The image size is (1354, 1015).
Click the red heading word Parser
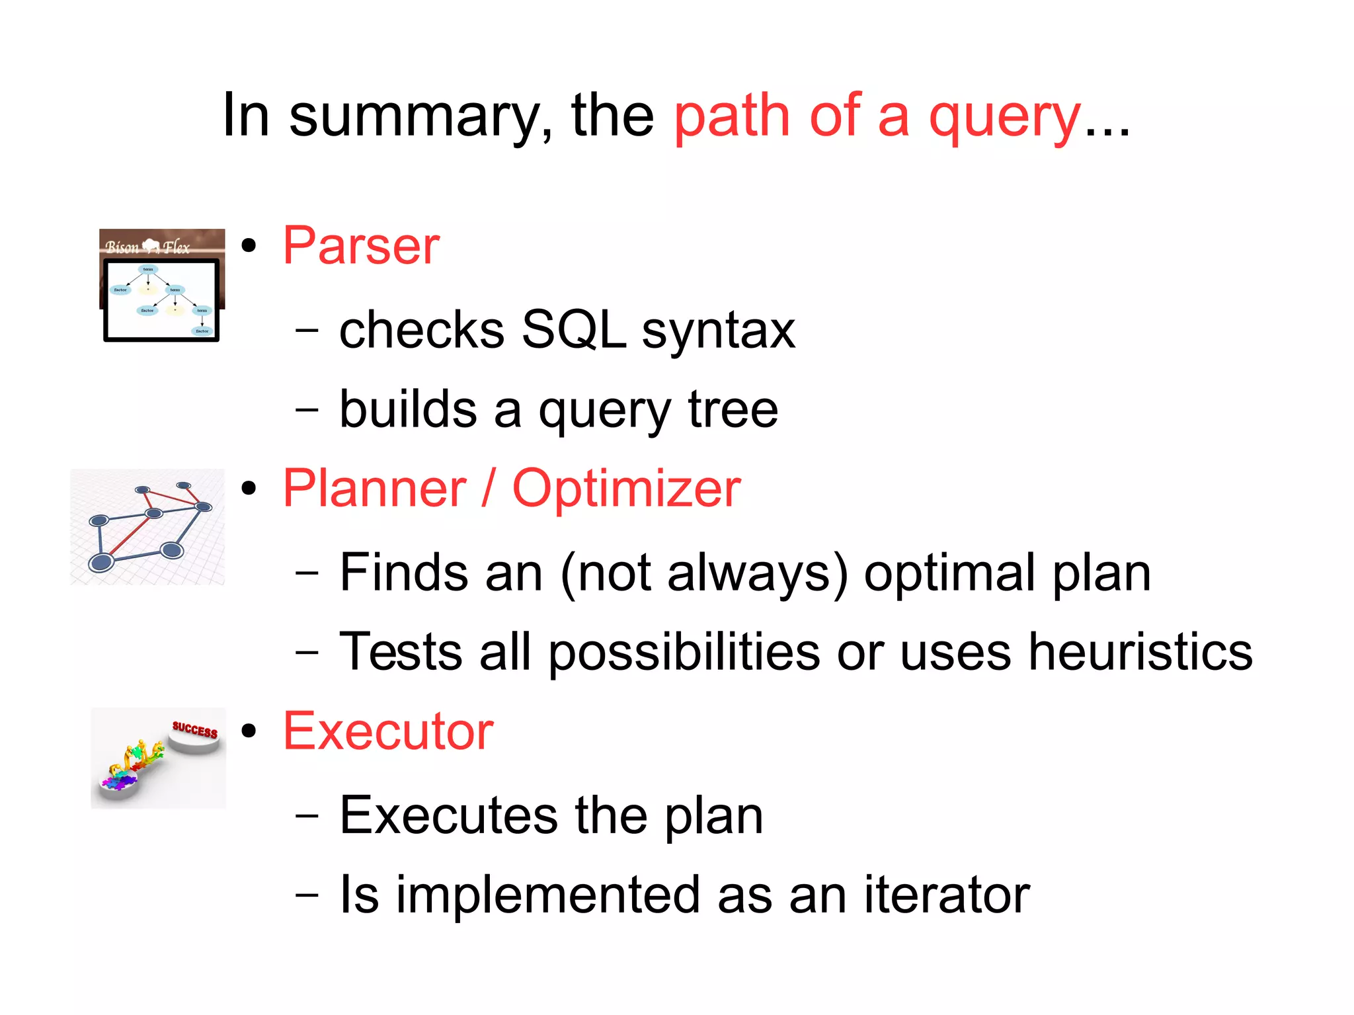point(361,246)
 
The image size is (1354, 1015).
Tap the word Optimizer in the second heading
point(626,489)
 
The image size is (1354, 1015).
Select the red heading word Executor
point(388,731)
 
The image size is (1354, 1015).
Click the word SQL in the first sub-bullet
point(573,330)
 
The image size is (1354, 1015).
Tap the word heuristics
point(1140,652)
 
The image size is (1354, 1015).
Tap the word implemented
point(547,895)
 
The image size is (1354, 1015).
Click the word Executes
point(448,815)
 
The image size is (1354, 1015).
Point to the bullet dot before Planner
point(249,489)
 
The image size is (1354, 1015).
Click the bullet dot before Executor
point(249,731)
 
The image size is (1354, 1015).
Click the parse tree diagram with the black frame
point(161,301)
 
